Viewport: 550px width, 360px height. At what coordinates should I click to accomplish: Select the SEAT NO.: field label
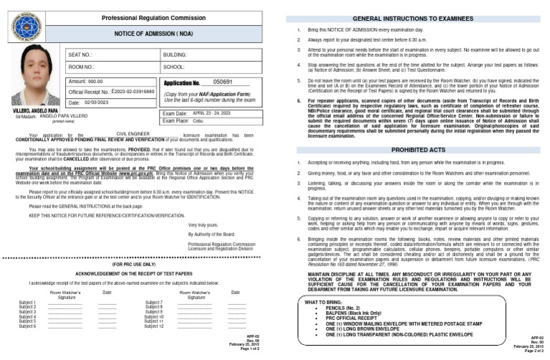[x=80, y=54]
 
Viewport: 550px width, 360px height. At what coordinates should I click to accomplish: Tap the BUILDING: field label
[x=175, y=54]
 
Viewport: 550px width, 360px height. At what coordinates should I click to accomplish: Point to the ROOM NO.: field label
[x=81, y=67]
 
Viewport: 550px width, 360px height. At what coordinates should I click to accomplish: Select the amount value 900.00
[x=94, y=82]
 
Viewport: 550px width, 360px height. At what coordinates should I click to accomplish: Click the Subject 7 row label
[x=153, y=303]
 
